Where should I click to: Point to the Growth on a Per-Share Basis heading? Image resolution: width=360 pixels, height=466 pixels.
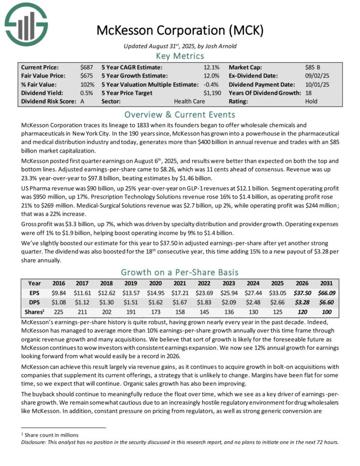tap(180, 272)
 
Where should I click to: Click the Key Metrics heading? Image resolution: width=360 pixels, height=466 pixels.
tap(180, 55)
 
